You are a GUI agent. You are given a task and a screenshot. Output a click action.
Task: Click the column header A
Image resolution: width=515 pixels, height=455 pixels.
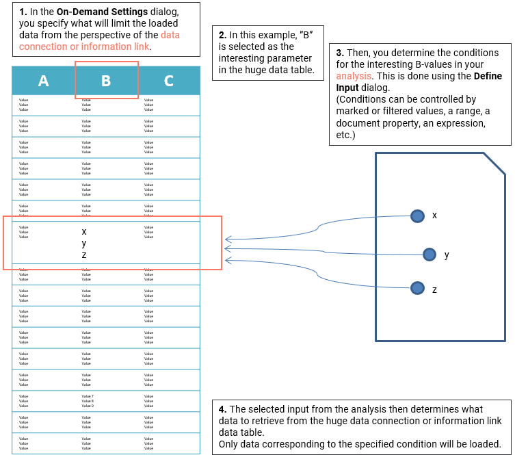[x=43, y=81]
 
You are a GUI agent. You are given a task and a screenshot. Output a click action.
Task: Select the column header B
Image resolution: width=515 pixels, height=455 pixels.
[x=106, y=81]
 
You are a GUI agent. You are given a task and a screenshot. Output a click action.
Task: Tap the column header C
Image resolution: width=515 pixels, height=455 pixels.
[x=168, y=81]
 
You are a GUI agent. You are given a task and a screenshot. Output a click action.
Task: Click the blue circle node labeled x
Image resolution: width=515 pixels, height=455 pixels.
[x=417, y=216]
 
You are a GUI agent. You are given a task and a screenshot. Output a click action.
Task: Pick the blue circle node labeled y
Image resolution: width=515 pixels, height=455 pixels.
[x=430, y=255]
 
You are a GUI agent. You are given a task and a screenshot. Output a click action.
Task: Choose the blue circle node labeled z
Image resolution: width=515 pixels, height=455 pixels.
[x=417, y=288]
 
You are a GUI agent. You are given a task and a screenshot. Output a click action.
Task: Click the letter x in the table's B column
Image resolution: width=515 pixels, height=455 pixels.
[x=84, y=232]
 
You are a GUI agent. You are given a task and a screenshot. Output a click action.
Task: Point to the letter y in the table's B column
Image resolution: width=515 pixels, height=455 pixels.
[x=84, y=243]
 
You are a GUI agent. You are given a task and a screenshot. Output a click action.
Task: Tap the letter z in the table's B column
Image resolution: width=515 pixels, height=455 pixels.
[x=84, y=255]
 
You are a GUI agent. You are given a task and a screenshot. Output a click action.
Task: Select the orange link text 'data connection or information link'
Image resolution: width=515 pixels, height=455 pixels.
[x=99, y=40]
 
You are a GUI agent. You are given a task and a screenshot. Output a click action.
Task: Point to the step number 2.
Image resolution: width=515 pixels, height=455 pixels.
[x=222, y=35]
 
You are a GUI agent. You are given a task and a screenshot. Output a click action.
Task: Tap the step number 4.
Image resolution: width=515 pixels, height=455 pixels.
[x=222, y=409]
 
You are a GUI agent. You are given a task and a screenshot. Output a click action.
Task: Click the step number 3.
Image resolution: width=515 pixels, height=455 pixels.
[x=340, y=53]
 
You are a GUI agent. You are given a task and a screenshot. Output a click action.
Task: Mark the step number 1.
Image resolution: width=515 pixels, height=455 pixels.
[x=23, y=12]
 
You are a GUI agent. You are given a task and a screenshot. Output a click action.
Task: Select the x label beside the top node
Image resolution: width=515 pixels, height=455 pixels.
[x=434, y=216]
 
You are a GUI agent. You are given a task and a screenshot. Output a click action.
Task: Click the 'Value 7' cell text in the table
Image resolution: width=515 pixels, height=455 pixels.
[x=88, y=396]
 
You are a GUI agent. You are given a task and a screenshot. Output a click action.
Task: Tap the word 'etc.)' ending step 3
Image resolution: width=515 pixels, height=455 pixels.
[x=347, y=135]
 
